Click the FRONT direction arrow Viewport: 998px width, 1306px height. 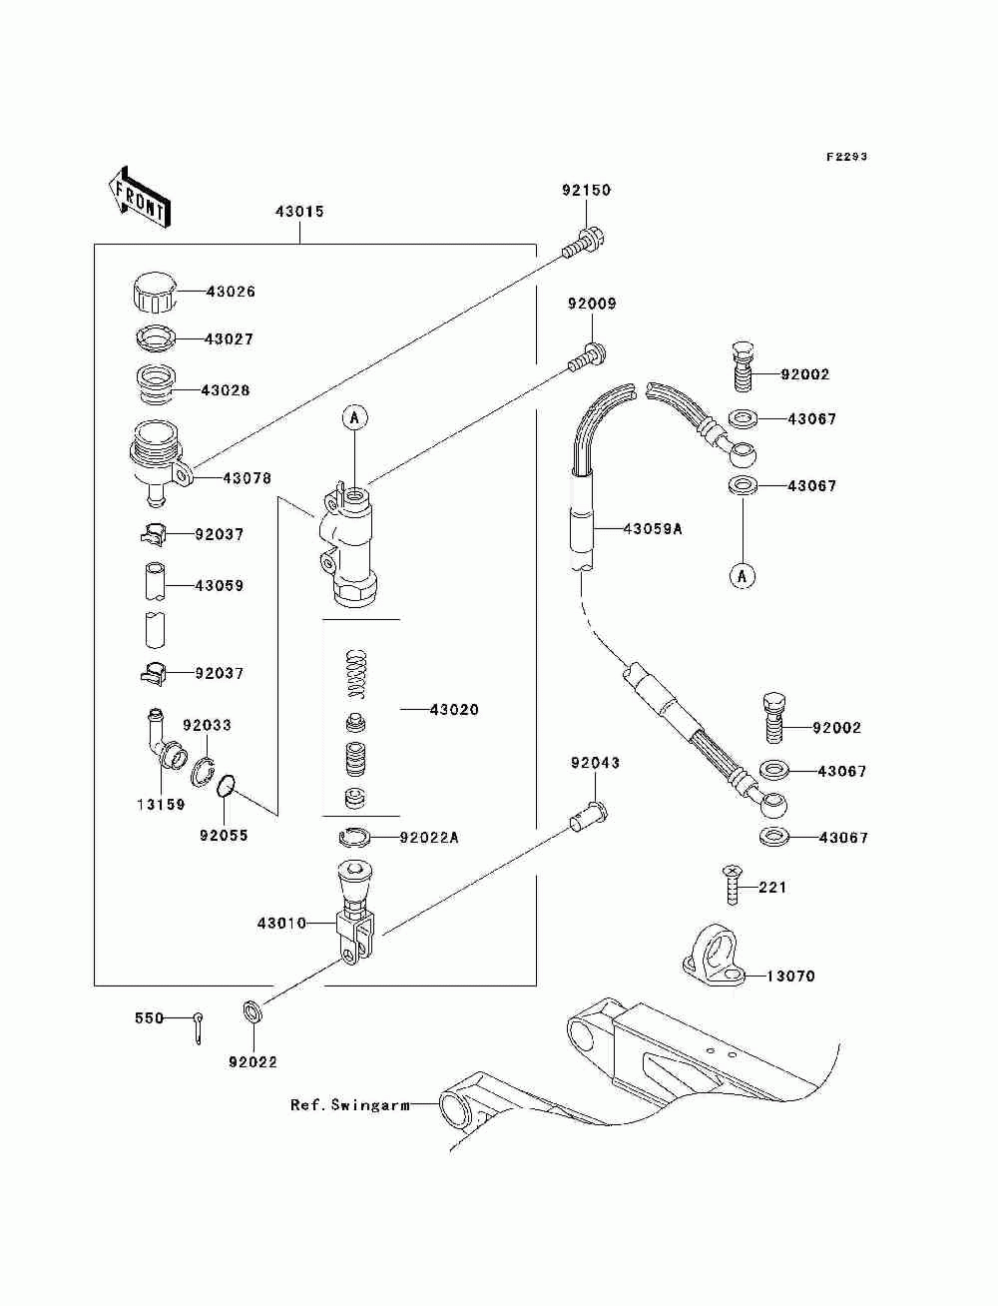pos(140,197)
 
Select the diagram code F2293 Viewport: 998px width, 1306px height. pos(846,157)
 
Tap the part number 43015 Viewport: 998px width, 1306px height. pos(299,212)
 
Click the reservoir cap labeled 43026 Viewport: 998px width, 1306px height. pos(155,292)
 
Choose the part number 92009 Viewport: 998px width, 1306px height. pos(592,304)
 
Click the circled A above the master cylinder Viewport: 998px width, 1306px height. pos(355,417)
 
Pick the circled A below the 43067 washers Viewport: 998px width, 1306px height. pos(743,575)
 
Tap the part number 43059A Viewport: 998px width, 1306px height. pos(653,528)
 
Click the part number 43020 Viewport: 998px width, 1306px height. pos(454,709)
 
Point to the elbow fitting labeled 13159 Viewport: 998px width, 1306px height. pos(164,741)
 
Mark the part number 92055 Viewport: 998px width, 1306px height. pos(224,836)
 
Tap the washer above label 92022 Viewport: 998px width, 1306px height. pos(252,1011)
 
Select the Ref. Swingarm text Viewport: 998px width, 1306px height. pos(350,1105)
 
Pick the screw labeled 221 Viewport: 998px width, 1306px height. pos(733,886)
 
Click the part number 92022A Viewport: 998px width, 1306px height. pos(429,837)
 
